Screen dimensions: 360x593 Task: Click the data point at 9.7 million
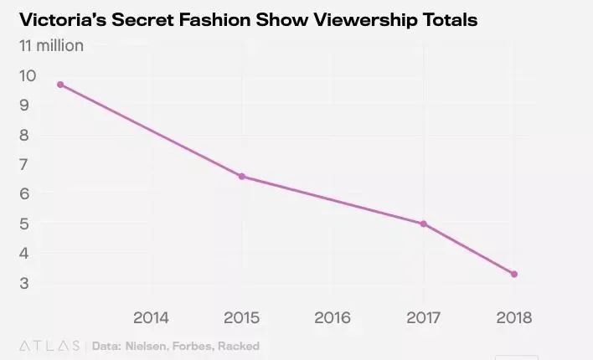coord(60,85)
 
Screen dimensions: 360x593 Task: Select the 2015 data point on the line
coord(242,176)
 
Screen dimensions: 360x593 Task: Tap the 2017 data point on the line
coord(424,224)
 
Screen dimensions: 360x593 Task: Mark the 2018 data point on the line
coord(514,274)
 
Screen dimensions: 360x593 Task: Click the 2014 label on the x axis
coord(151,317)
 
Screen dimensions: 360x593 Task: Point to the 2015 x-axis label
coord(242,317)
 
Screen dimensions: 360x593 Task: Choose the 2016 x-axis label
coord(333,317)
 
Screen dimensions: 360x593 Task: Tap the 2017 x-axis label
coord(424,317)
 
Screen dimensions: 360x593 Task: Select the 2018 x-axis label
coord(514,317)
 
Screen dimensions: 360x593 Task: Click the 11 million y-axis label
coord(51,45)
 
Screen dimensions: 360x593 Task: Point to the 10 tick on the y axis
coord(28,75)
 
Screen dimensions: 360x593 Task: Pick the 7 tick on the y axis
coord(25,164)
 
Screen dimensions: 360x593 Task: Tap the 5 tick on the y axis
coord(25,224)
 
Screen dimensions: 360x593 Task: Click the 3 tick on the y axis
coord(25,283)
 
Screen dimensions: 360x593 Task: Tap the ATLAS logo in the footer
coord(49,346)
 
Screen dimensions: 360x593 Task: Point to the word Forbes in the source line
coord(197,346)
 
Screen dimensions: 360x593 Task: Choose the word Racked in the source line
coord(240,346)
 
